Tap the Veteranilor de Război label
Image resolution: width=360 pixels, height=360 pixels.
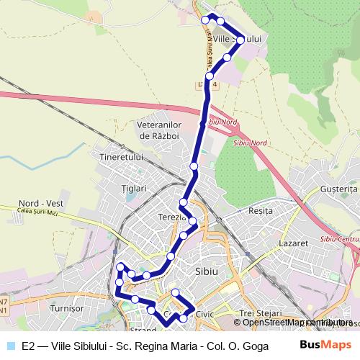(x=161, y=130)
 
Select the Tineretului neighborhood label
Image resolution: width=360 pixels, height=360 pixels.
(x=122, y=157)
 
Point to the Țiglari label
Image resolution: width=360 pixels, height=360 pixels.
(x=134, y=188)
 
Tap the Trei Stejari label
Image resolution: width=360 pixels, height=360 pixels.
(x=261, y=313)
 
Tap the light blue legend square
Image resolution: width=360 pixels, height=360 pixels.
(x=10, y=345)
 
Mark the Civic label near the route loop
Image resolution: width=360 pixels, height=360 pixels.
(x=205, y=315)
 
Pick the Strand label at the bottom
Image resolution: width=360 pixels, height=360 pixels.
(x=143, y=330)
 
